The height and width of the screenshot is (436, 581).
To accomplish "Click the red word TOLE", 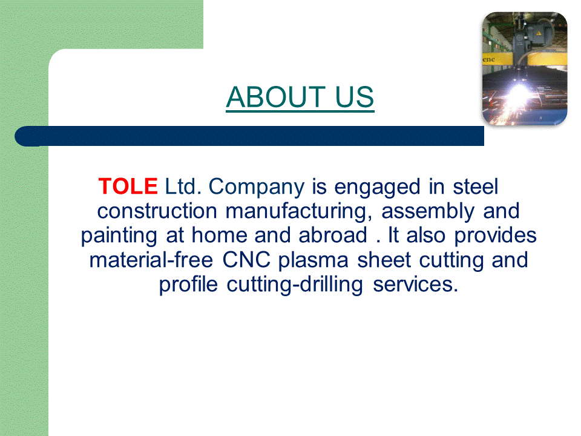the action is pyautogui.click(x=128, y=186).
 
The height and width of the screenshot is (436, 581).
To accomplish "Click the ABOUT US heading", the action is pyautogui.click(x=300, y=97).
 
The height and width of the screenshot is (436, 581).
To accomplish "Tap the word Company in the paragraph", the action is pyautogui.click(x=257, y=188).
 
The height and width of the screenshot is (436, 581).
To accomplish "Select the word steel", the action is pyautogui.click(x=476, y=186).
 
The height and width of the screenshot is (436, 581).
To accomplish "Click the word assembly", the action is pyautogui.click(x=428, y=212).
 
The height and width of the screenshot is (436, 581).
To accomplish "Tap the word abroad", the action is pyautogui.click(x=333, y=235).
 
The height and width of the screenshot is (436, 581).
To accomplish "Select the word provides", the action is pyautogui.click(x=496, y=236).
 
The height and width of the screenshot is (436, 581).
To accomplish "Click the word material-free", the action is pyautogui.click(x=151, y=260).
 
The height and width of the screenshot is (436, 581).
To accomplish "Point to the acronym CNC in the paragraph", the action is pyautogui.click(x=246, y=260).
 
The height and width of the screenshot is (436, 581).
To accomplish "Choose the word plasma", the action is pyautogui.click(x=313, y=261).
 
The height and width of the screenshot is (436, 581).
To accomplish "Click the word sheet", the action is pyautogui.click(x=384, y=260).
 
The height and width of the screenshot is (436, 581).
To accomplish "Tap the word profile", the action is pyautogui.click(x=188, y=285).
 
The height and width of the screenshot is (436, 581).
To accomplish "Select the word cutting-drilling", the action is pyautogui.click(x=295, y=285).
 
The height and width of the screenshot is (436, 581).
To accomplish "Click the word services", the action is pyautogui.click(x=415, y=285).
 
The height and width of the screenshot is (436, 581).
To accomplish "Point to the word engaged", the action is pyautogui.click(x=377, y=188).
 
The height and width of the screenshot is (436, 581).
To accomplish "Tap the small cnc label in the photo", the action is pyautogui.click(x=489, y=59).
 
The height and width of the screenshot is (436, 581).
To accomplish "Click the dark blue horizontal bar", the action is pyautogui.click(x=249, y=136).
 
